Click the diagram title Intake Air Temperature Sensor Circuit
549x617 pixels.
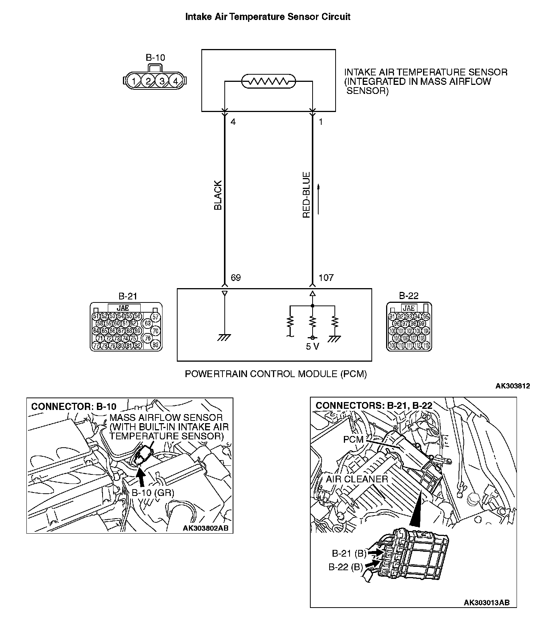268,17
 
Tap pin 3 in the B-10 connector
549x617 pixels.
162,81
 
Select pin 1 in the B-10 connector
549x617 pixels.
134,81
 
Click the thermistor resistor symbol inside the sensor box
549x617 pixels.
268,81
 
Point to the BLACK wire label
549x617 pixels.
218,195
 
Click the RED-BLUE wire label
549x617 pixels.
307,195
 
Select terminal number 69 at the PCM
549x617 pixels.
236,278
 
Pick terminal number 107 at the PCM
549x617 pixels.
326,278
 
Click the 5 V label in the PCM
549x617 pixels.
312,346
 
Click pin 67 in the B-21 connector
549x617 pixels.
155,317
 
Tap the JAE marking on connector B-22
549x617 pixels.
409,308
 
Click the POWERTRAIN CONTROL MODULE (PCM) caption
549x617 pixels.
276,374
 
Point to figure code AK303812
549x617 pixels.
512,386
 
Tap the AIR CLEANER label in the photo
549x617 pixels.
357,479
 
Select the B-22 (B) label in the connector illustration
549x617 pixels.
346,567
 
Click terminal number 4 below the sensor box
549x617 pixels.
233,122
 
